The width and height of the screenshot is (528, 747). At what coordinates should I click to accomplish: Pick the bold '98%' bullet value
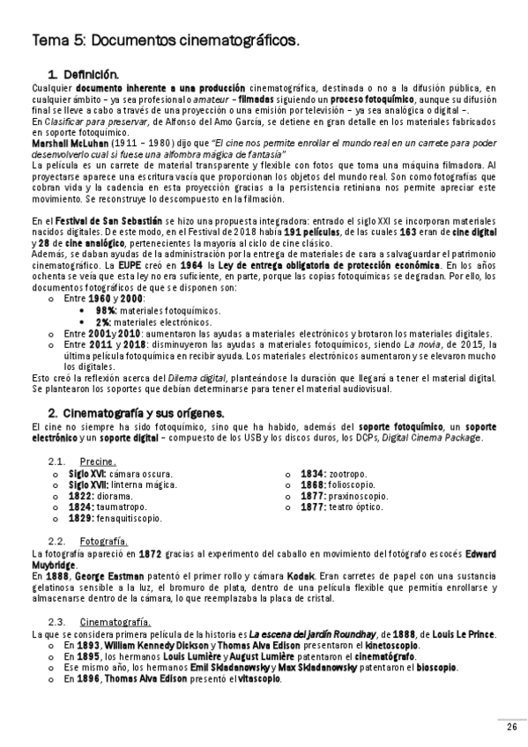point(106,311)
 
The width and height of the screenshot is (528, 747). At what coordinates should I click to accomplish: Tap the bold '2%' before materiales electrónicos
point(103,322)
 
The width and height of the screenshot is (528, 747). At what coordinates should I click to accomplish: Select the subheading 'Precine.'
point(98,462)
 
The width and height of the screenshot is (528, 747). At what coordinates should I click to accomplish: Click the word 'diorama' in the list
point(117,496)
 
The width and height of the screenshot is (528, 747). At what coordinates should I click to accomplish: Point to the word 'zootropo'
point(345,473)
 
